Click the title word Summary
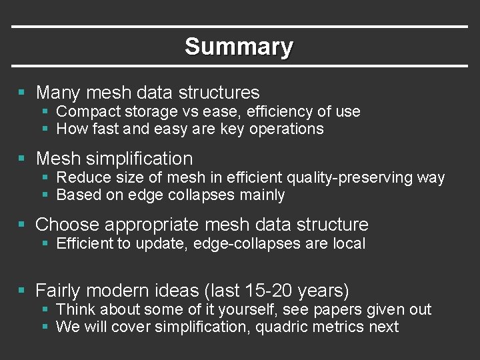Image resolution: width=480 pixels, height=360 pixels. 239,47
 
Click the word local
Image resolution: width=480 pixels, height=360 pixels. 349,243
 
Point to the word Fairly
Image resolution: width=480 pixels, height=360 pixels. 59,291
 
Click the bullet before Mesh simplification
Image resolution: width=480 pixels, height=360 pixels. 23,159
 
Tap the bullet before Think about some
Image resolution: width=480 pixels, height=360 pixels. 45,310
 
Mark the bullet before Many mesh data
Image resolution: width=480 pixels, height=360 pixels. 23,92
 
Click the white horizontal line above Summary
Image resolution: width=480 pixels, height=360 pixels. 240,27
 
